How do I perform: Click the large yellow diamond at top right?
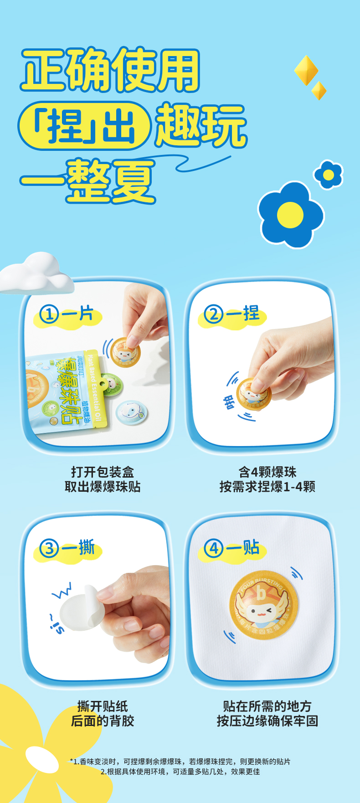coord(306,71)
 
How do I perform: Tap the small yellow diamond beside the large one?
coord(319,90)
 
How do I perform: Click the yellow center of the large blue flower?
coord(290,215)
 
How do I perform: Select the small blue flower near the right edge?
coord(328,175)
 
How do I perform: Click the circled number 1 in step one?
coord(49,314)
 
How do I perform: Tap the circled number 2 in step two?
coord(213,314)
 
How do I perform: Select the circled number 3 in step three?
coord(49,548)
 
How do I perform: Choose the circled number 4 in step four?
coord(213,548)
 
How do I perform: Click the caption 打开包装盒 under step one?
coord(103,472)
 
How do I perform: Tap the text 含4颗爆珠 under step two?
coord(267,472)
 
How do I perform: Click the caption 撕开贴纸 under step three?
coord(103,706)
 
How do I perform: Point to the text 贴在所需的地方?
coord(267,706)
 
